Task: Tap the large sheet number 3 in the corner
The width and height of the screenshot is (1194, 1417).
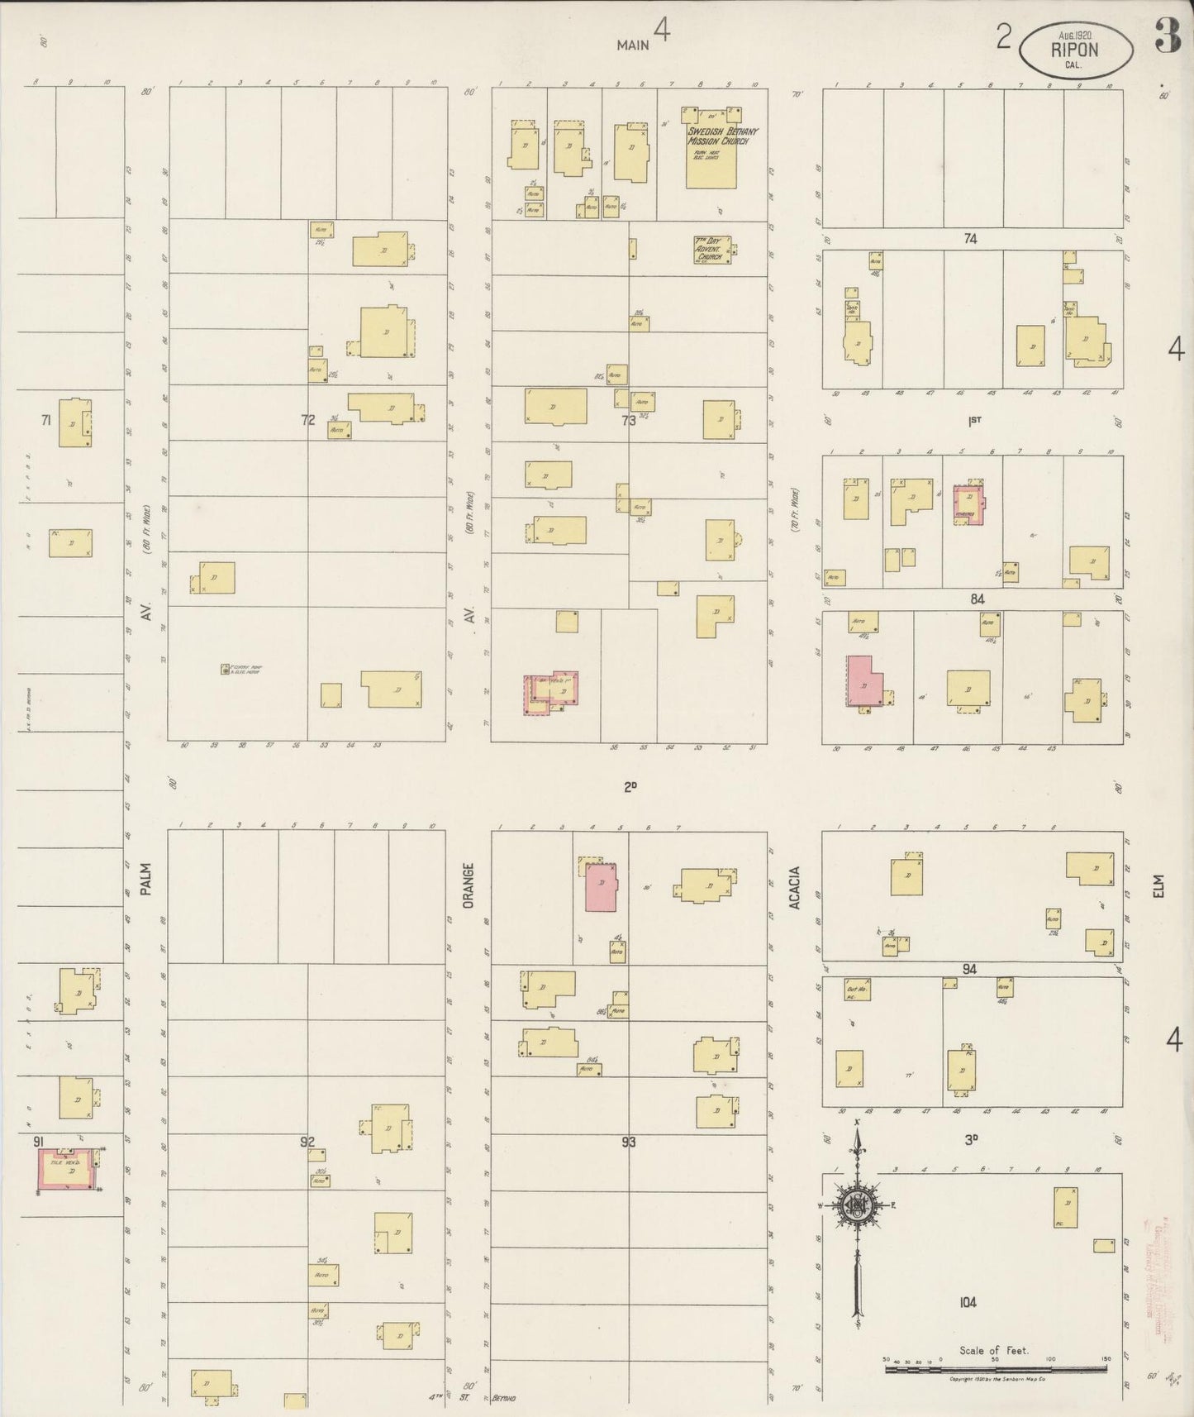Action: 1167,36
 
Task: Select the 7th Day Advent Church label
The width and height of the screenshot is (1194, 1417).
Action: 708,249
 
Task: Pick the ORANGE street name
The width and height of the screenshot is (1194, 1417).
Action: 468,886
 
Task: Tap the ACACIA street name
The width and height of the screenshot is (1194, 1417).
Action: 795,887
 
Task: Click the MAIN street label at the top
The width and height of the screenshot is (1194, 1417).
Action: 633,45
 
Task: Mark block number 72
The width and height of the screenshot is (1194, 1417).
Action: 308,420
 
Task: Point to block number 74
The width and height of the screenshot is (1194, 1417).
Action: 970,238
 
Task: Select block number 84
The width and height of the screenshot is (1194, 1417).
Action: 978,599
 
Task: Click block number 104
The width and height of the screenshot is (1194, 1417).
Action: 968,1301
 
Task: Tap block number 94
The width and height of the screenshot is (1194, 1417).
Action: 969,968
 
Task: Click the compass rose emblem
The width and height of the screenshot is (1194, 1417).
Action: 859,1206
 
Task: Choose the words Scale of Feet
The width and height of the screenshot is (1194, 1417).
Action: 993,1350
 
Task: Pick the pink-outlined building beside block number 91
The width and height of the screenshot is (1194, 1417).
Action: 68,1170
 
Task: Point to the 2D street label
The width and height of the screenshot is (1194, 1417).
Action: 630,787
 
